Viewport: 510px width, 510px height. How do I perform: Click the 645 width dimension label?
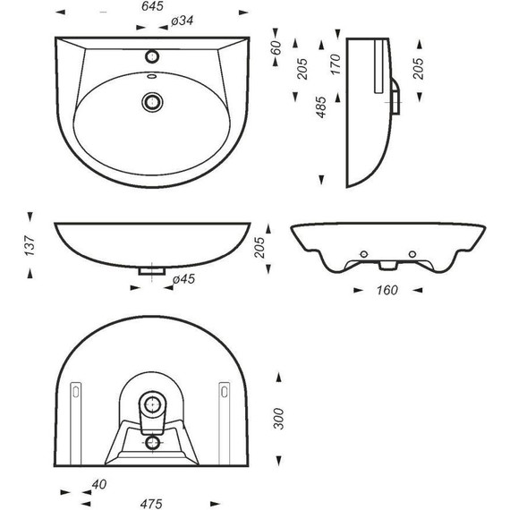[152, 6]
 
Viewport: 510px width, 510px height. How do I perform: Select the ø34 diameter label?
[182, 21]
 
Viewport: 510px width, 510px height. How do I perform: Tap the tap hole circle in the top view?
[152, 56]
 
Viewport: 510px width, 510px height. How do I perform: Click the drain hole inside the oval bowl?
[152, 102]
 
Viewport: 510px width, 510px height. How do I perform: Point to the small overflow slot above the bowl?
[152, 76]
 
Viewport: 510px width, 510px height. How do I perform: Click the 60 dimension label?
[276, 47]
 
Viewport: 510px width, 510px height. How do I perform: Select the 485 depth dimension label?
[321, 107]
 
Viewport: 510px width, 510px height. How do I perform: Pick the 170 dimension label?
[336, 64]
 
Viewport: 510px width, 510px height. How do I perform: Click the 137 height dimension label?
[30, 245]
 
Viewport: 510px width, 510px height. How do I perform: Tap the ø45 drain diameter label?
[183, 279]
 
